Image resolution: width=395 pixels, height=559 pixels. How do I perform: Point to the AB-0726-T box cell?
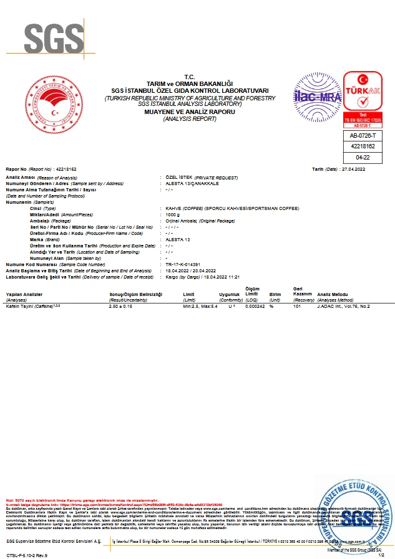point(362,135)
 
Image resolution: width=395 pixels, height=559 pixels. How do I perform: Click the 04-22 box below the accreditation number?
point(362,158)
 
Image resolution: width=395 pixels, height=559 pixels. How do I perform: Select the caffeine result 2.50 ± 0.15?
point(121,307)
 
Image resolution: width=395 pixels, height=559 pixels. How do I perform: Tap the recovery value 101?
point(297,307)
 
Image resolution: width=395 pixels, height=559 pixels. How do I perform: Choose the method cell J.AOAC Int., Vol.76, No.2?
point(343,307)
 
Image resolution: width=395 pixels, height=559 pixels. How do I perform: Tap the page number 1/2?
point(381,555)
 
